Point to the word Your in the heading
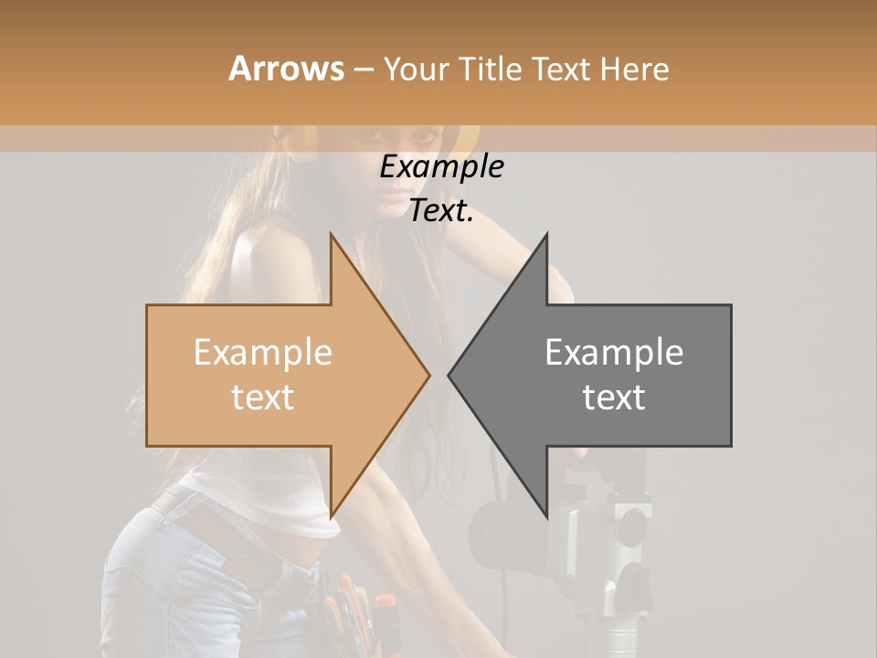point(416,69)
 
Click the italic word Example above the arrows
point(441,167)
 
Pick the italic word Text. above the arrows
point(441,211)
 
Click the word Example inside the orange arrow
point(262,353)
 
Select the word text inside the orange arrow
point(262,397)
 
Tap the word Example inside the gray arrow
point(614,353)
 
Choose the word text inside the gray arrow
point(614,397)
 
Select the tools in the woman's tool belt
point(361,612)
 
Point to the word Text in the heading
point(560,69)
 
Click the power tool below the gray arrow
point(603,548)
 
